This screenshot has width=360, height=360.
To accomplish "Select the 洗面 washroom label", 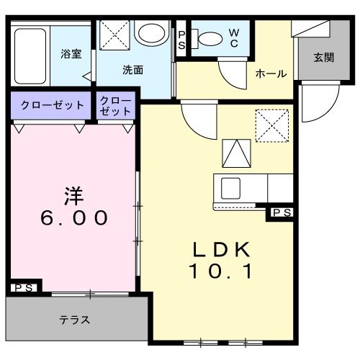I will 132,70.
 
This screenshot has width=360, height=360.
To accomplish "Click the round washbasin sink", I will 150,34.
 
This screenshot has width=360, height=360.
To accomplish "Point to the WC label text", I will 235,37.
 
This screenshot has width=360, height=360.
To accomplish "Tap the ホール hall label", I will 271,73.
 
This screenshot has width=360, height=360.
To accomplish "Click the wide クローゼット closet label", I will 51,105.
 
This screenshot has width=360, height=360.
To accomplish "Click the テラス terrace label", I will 74,320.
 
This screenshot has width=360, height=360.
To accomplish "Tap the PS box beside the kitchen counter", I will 281,212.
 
